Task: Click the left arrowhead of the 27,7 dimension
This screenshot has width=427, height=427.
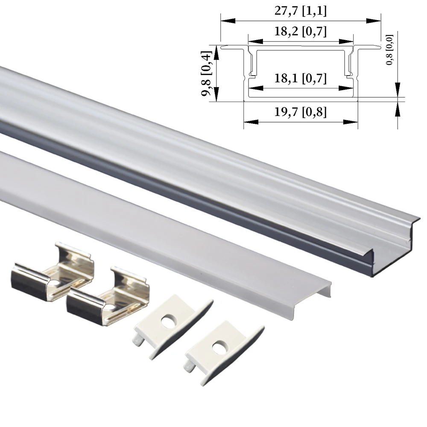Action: point(224,20)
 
